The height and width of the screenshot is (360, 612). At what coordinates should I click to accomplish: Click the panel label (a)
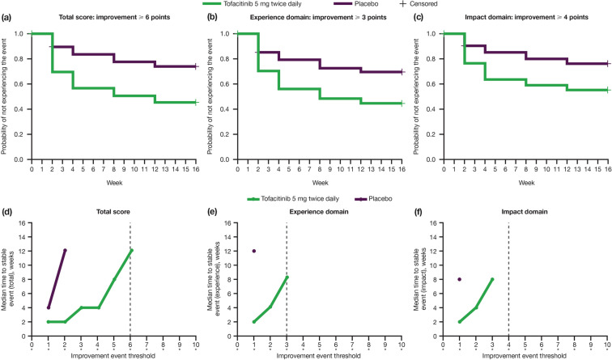(x=7, y=17)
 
